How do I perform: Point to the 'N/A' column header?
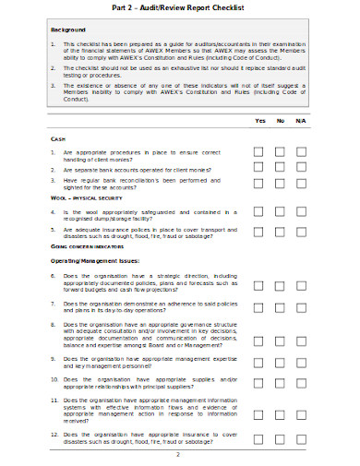(x=300, y=121)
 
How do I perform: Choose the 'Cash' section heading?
(x=57, y=137)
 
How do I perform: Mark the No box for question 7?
(x=280, y=307)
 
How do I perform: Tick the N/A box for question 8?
(x=301, y=334)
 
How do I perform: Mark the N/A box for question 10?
(x=301, y=382)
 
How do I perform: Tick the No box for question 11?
(x=280, y=408)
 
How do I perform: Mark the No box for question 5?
(x=280, y=233)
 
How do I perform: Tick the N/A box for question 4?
(x=301, y=212)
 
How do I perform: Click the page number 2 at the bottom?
(x=177, y=454)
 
